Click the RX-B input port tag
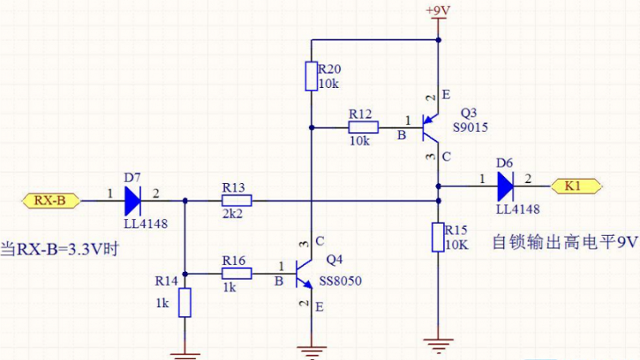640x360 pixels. (49, 200)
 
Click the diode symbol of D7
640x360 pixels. (133, 200)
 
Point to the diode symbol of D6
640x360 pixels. (506, 186)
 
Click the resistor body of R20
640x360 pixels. (311, 77)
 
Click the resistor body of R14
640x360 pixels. (185, 303)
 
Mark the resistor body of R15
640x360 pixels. (438, 238)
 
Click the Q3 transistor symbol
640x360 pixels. (432, 126)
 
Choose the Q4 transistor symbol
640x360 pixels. (305, 273)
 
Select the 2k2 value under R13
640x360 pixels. (233, 215)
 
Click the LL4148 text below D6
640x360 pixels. (518, 209)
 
